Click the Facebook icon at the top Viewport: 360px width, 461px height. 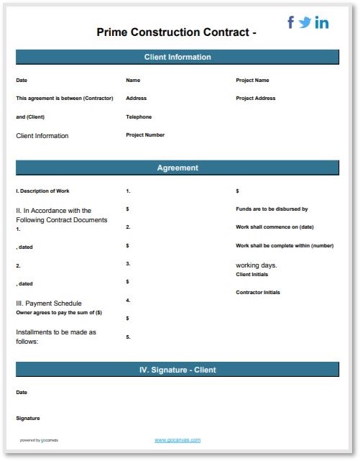[291, 22]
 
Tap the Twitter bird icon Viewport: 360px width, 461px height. [305, 22]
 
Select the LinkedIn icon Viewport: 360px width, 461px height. [322, 23]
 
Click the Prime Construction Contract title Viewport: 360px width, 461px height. [176, 32]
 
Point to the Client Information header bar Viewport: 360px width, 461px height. [177, 57]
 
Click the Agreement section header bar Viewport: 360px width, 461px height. [177, 168]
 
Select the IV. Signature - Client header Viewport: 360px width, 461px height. [177, 370]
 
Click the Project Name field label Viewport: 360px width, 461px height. [252, 81]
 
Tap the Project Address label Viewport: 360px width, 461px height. [255, 99]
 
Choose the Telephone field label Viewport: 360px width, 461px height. [139, 117]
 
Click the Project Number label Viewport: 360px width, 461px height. [145, 134]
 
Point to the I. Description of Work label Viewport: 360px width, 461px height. [42, 191]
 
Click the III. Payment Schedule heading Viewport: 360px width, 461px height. [49, 303]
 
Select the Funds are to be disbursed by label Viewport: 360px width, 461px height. [272, 209]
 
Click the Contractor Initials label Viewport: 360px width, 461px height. [258, 292]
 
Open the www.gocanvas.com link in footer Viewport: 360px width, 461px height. [177, 439]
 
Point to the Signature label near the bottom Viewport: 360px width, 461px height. [28, 418]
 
